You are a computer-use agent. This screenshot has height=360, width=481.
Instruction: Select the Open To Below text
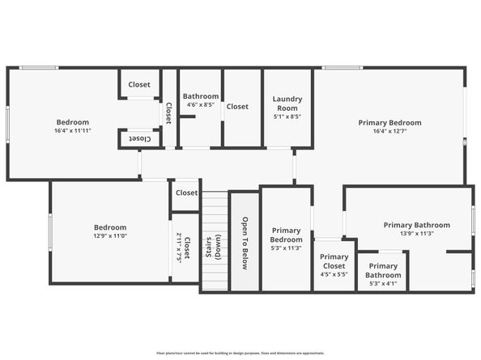245,242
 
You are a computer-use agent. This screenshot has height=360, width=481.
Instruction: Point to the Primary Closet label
334,260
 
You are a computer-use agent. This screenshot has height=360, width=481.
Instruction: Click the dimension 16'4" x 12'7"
390,131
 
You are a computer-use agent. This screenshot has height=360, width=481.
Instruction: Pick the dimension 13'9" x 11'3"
409,233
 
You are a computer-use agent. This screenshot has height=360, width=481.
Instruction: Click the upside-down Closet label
139,139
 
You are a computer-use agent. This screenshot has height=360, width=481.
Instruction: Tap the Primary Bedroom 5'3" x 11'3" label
286,239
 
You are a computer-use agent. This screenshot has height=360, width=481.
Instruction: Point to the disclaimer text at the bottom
240,353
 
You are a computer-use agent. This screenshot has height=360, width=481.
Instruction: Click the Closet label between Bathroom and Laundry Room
237,106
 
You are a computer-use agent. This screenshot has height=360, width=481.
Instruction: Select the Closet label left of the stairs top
186,193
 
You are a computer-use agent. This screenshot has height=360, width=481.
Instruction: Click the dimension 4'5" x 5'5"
334,274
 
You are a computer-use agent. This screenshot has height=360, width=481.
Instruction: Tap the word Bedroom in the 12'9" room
109,227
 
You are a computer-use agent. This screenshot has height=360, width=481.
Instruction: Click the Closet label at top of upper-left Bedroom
139,84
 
